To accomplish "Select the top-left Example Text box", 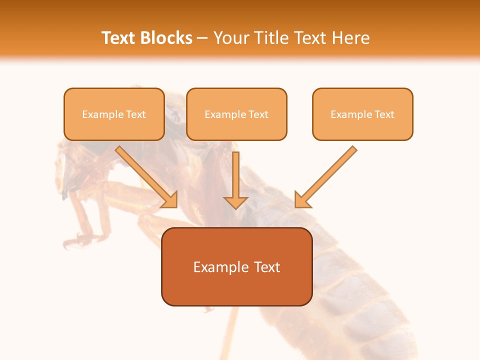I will tap(114, 114).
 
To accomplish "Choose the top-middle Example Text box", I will tap(236, 114).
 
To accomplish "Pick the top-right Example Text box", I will tap(362, 114).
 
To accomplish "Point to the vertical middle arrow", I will tap(236, 175).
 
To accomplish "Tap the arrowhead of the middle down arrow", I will tap(236, 202).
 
